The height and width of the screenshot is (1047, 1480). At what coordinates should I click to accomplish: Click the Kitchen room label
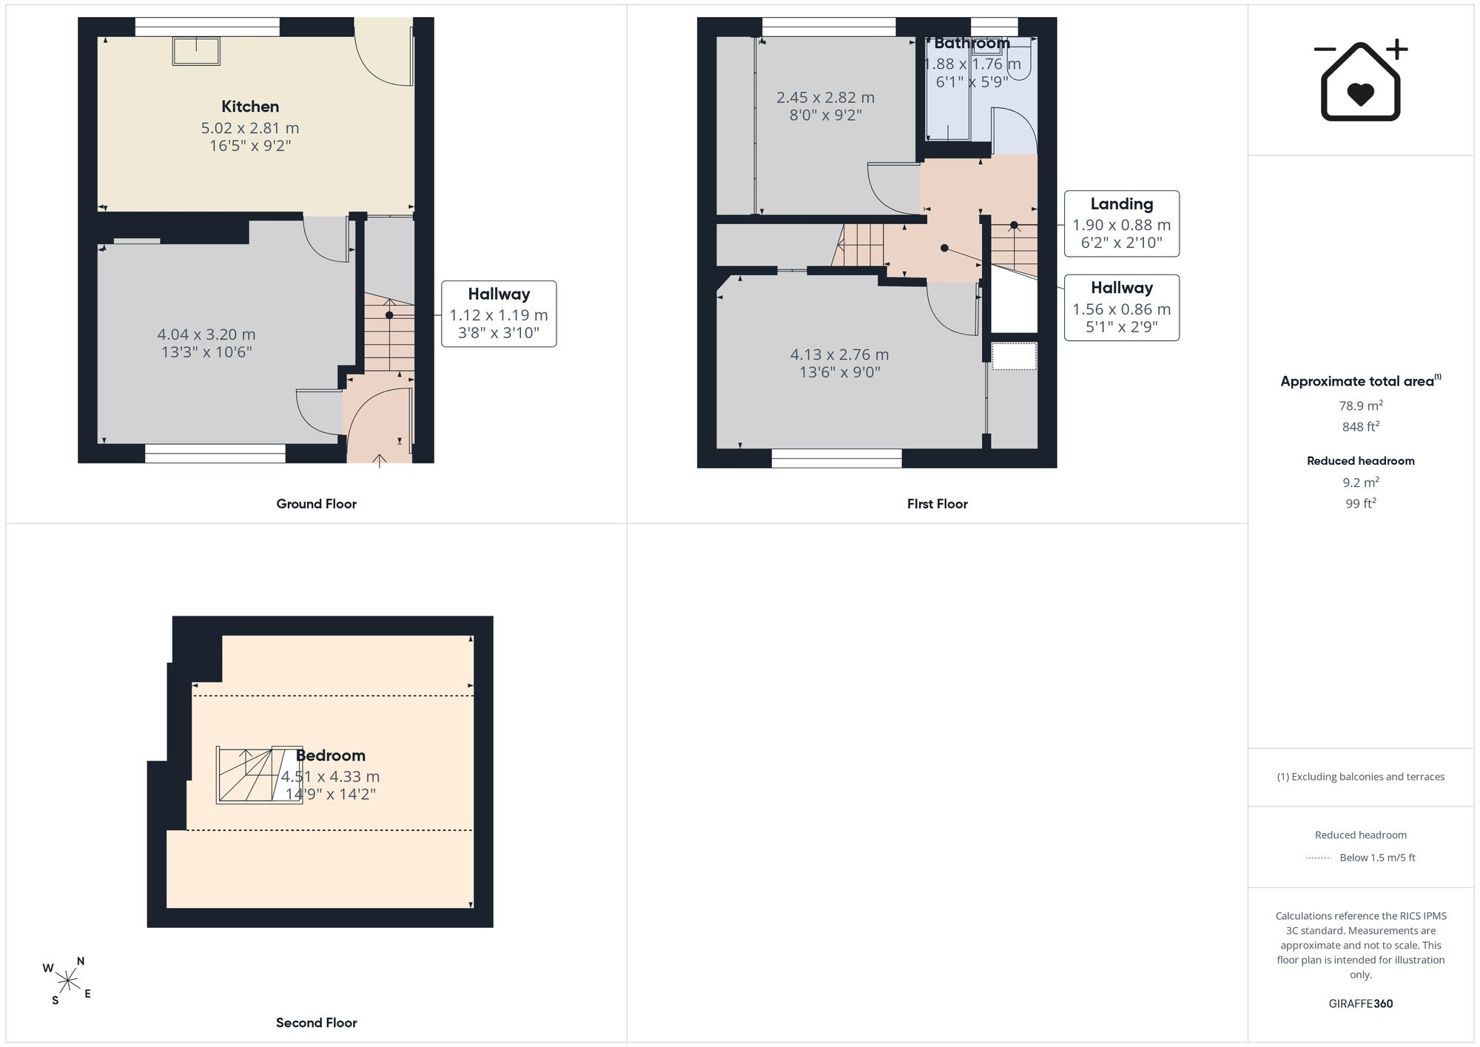[x=250, y=107]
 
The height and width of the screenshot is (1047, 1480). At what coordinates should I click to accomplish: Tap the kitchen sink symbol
[x=196, y=51]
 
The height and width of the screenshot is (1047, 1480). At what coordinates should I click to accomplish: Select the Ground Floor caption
[x=316, y=504]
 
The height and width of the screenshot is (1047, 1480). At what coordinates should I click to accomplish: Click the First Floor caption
[x=937, y=504]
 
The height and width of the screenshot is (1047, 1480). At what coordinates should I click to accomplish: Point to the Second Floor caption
[x=316, y=1023]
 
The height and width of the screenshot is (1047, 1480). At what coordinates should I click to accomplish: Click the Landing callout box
[x=1121, y=223]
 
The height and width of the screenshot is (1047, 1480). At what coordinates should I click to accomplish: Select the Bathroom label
[x=972, y=43]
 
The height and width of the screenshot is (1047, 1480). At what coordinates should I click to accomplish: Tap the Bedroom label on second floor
[x=330, y=755]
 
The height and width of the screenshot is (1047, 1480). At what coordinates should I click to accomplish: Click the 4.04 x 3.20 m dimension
[x=206, y=334]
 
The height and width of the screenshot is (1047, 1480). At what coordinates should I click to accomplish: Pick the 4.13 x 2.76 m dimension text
[x=839, y=354]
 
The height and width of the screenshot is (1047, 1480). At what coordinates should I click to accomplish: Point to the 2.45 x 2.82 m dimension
[x=825, y=98]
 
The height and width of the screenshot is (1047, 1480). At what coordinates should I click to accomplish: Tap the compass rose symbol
[x=67, y=981]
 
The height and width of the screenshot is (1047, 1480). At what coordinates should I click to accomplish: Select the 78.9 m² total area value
[x=1360, y=405]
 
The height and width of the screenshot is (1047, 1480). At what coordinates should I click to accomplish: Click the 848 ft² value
[x=1360, y=426]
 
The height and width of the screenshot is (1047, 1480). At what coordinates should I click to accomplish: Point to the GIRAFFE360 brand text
[x=1360, y=1004]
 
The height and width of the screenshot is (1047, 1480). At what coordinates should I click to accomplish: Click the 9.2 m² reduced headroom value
[x=1360, y=482]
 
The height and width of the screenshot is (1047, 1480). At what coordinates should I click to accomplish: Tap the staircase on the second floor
[x=259, y=775]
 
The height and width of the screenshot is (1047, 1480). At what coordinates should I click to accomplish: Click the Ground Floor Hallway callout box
[x=499, y=314]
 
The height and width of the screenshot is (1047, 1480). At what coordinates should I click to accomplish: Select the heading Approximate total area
[x=1360, y=381]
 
